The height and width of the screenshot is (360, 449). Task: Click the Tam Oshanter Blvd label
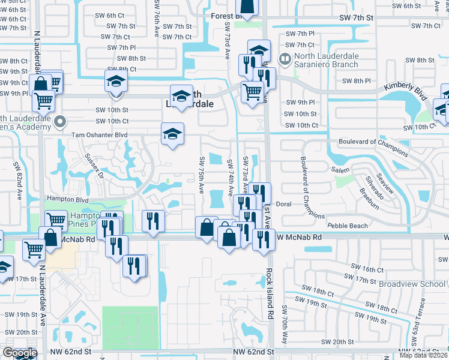click(x=99, y=136)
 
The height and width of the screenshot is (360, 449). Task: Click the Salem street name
click(x=340, y=170)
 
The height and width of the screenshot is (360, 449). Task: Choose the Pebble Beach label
click(x=347, y=226)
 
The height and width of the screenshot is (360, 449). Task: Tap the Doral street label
click(x=283, y=204)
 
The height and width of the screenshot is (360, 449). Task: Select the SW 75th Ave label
click(x=202, y=175)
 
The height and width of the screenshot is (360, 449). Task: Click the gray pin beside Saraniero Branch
click(x=285, y=59)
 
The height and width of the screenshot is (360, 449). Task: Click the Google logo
click(x=19, y=353)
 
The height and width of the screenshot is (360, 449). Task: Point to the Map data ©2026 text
click(x=424, y=355)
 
